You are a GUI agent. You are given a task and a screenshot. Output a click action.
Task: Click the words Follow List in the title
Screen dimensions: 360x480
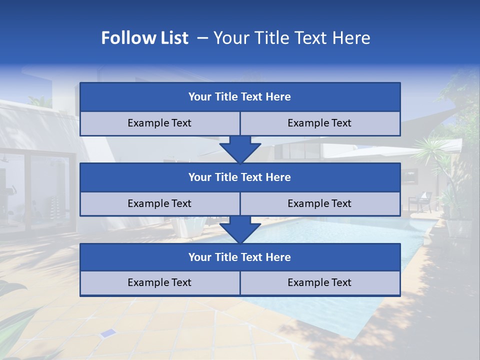click(x=145, y=38)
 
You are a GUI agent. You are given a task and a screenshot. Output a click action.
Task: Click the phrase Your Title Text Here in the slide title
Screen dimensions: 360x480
click(x=292, y=38)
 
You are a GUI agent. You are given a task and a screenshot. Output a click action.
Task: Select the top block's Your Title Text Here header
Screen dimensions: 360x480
click(x=239, y=97)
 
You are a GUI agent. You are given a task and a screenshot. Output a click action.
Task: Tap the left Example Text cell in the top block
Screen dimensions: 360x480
click(x=159, y=123)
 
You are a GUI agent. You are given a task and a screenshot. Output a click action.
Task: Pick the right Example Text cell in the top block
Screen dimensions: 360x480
click(x=319, y=123)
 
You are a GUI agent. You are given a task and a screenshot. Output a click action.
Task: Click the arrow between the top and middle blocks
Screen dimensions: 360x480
click(x=240, y=149)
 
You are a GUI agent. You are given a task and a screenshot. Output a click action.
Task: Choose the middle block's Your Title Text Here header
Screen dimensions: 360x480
click(x=239, y=177)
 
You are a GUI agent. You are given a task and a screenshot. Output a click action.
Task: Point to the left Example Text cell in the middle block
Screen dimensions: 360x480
click(x=159, y=203)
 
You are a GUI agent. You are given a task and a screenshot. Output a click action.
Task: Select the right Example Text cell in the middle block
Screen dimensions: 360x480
click(x=319, y=203)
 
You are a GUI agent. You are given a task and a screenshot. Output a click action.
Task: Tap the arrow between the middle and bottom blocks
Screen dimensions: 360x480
click(x=240, y=230)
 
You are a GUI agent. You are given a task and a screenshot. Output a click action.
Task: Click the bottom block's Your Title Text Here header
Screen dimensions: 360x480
click(x=239, y=257)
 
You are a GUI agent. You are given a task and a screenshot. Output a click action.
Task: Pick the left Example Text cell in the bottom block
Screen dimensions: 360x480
click(x=159, y=282)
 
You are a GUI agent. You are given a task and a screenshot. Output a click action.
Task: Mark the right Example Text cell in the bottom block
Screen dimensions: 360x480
click(x=319, y=282)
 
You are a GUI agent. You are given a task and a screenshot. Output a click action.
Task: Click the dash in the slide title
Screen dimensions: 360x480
click(x=202, y=38)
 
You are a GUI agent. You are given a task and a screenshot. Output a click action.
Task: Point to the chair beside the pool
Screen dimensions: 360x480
click(x=420, y=202)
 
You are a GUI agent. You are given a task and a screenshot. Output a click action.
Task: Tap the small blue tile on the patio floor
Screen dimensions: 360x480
click(x=106, y=333)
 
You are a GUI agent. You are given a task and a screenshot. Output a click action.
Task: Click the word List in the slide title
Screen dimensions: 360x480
click(x=171, y=38)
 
